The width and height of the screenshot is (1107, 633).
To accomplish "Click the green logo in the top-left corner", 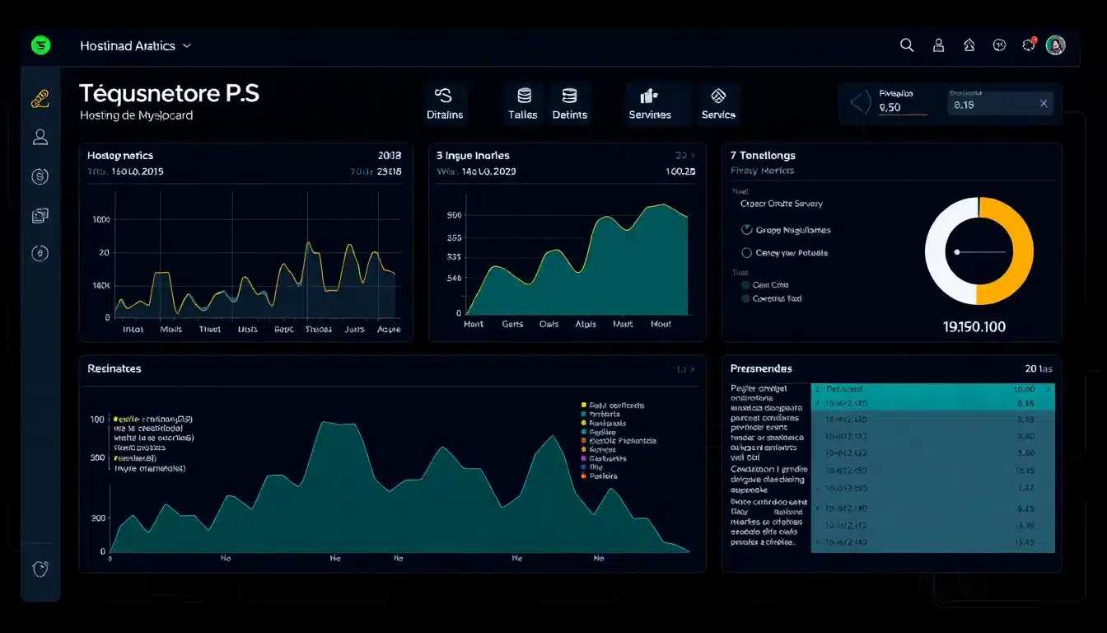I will [40, 45].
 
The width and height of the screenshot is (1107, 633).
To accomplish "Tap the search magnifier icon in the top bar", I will [907, 45].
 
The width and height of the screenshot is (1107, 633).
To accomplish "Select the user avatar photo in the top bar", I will [1055, 45].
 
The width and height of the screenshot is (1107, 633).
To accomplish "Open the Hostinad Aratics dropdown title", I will [135, 46].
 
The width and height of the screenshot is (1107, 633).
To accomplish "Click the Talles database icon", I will [524, 96].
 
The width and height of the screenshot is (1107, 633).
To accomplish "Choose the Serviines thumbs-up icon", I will [649, 96].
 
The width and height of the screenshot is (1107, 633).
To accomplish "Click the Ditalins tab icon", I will [443, 96].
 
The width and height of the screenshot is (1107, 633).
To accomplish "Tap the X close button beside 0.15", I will [1044, 104].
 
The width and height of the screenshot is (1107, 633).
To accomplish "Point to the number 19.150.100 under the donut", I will [974, 327].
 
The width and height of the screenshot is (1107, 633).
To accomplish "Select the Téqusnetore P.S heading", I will [169, 94].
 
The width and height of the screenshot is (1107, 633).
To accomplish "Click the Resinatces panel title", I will [114, 368].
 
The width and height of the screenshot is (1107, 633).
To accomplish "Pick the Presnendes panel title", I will [761, 368].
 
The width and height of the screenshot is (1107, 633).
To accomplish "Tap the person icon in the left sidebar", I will [40, 137].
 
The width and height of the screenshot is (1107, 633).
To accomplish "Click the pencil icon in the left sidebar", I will [40, 99].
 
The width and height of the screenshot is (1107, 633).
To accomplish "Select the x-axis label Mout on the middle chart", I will [661, 324].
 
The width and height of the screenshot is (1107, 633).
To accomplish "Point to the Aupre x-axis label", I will [388, 329].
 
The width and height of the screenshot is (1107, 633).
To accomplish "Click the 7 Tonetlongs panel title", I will [763, 155].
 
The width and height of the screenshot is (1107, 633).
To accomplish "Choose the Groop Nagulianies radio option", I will [747, 230].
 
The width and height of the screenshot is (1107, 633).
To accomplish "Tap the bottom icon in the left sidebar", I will [40, 568].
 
